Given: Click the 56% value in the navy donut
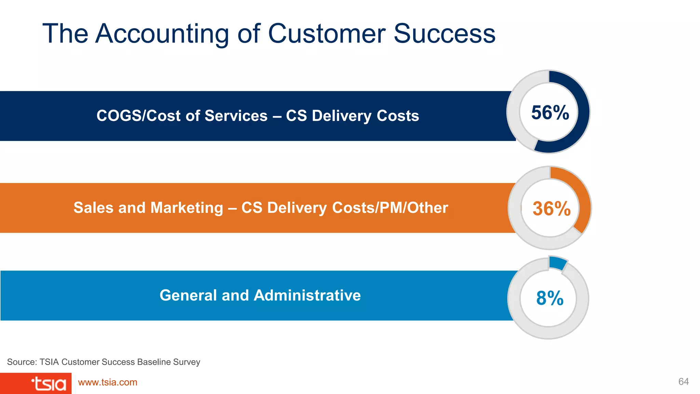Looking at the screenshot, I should click(x=550, y=113).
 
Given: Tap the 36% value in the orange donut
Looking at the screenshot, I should click(x=551, y=209).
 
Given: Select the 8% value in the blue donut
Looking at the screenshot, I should click(x=550, y=298).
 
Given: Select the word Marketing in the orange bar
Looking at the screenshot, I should click(x=187, y=208).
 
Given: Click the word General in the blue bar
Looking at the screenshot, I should click(x=188, y=295).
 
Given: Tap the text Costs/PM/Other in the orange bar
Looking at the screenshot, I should click(x=390, y=208).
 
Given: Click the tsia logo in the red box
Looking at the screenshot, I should click(x=49, y=384).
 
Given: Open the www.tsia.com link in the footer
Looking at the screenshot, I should click(x=108, y=382).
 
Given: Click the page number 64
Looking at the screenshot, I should click(x=683, y=382).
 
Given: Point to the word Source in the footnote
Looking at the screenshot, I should click(x=21, y=362).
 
